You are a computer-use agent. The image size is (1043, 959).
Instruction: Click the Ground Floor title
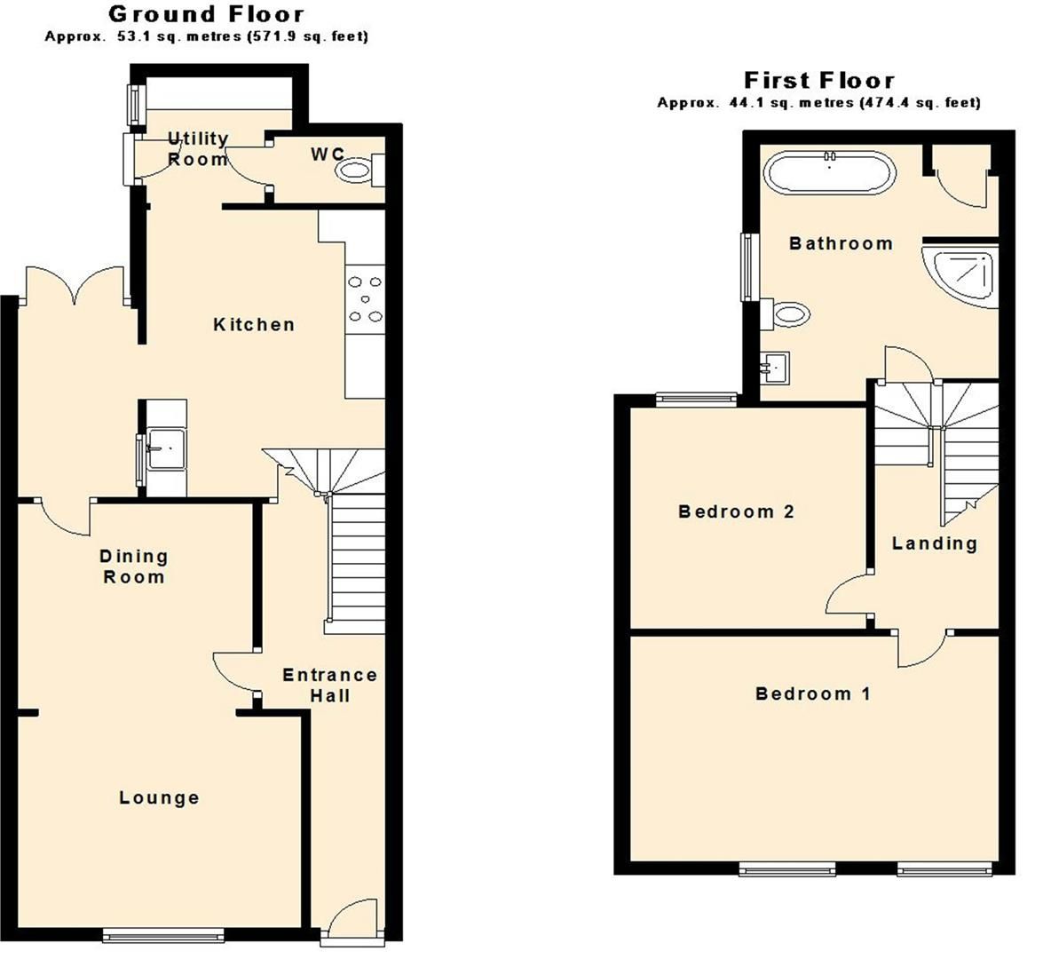(206, 14)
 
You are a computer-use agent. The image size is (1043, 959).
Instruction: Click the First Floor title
(818, 80)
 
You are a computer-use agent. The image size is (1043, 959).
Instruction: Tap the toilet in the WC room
(357, 170)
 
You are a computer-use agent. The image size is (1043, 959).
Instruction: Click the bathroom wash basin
(776, 366)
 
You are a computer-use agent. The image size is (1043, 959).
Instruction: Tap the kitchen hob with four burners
(366, 299)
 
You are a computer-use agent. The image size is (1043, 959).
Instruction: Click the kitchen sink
(163, 448)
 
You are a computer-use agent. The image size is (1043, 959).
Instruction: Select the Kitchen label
(254, 325)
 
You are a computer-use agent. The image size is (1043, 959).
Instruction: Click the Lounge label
(160, 798)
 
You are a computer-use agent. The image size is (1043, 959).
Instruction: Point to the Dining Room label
(133, 567)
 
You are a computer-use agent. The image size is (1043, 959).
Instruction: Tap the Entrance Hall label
(329, 686)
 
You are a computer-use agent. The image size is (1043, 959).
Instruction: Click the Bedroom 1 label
(813, 694)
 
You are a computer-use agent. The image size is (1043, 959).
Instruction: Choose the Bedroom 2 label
(736, 511)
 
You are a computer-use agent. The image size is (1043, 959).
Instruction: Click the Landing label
(935, 543)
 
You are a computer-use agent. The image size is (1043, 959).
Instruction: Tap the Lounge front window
(163, 934)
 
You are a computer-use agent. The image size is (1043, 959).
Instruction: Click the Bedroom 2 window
(696, 399)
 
